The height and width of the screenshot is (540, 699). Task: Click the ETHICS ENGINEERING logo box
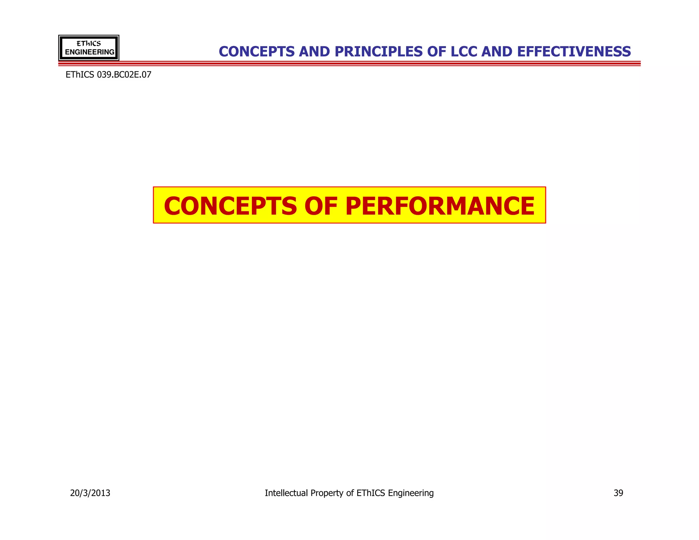click(89, 48)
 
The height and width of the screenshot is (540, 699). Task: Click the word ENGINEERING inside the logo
click(89, 52)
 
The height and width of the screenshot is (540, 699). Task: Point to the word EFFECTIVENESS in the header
click(574, 52)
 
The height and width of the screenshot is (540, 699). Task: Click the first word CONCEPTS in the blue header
click(256, 52)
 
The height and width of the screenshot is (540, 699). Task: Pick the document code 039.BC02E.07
click(124, 75)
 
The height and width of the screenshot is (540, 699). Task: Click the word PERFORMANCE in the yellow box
click(440, 206)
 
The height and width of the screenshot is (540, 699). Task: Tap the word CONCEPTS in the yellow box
click(230, 206)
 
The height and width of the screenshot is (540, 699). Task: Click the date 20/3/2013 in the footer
click(90, 493)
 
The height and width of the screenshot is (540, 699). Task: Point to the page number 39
click(618, 493)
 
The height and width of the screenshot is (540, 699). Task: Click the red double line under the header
click(349, 63)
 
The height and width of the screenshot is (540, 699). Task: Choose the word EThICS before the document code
click(80, 75)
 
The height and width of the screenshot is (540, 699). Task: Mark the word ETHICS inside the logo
click(89, 44)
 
